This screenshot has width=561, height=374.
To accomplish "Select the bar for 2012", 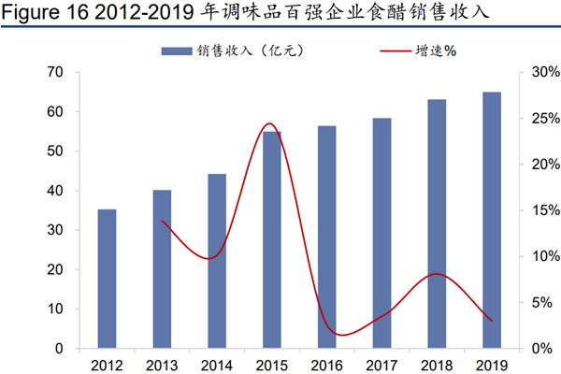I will [108, 279].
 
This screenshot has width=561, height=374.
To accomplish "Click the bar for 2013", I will [162, 269].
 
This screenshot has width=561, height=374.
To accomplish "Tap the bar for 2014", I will [216, 261].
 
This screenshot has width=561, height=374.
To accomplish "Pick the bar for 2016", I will [326, 237].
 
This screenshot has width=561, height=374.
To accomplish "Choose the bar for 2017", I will [381, 233].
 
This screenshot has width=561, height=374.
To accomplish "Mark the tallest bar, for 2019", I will [491, 220].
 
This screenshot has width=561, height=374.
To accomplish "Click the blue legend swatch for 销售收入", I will [177, 50].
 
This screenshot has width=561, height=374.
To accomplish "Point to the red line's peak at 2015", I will [269, 123].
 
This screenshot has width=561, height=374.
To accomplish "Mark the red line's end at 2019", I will [491, 321].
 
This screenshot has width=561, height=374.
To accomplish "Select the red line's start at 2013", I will [163, 221].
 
